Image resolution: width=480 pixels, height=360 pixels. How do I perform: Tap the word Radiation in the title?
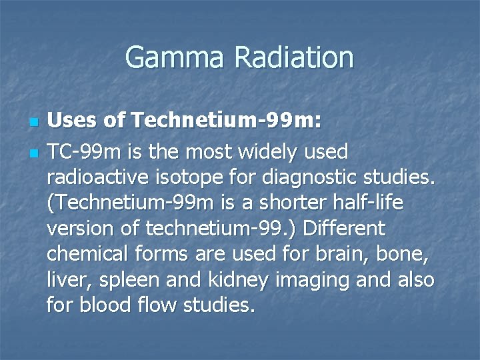click(x=295, y=57)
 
